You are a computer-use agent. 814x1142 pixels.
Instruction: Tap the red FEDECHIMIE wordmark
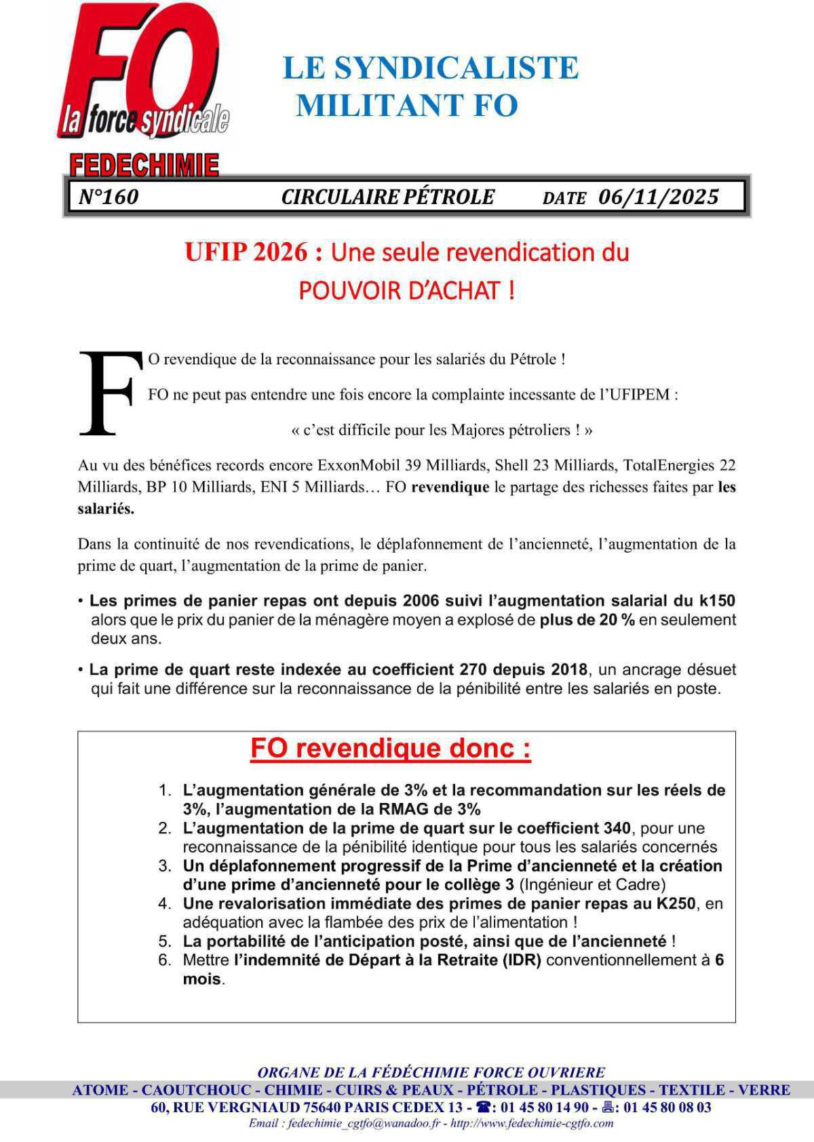coord(144,165)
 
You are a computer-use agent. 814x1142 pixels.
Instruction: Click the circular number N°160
coord(109,197)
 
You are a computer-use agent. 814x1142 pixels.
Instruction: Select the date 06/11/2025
coord(658,197)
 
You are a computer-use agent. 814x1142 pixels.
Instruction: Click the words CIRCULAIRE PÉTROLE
coord(388,197)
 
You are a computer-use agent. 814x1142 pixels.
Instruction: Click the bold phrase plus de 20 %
coord(587,620)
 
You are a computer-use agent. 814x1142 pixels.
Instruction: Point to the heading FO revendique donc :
coord(391,749)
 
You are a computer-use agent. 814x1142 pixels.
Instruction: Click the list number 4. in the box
coord(165,904)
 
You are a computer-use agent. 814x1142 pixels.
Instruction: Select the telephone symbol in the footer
coord(483,1107)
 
